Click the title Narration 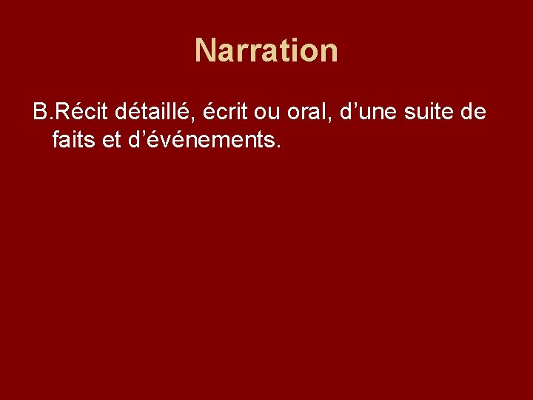pyautogui.click(x=266, y=51)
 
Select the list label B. pyautogui.click(x=41, y=113)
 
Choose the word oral pyautogui.click(x=311, y=113)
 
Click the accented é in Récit pyautogui.click(x=73, y=113)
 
